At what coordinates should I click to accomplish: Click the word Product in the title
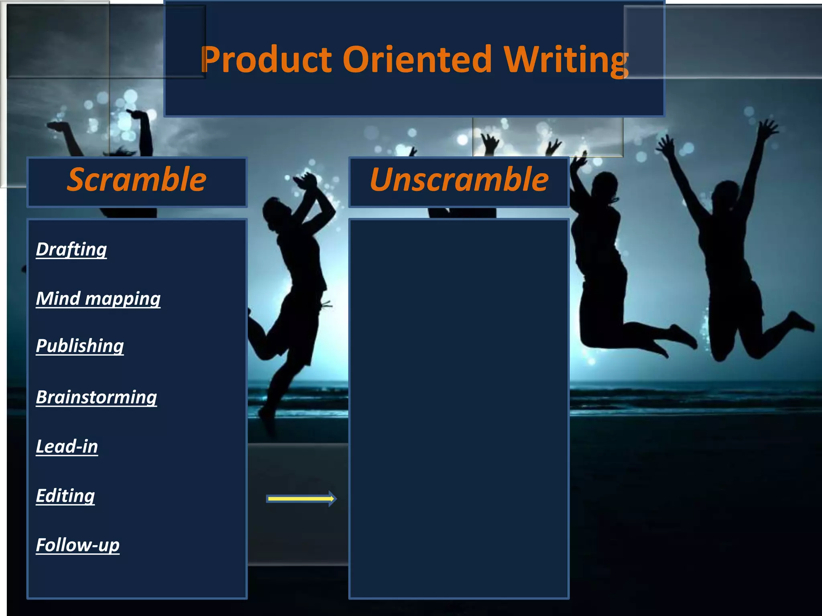click(x=266, y=60)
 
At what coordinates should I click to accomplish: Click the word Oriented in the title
click(x=417, y=60)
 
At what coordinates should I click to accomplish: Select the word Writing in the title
click(x=566, y=60)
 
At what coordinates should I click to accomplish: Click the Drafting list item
click(x=71, y=249)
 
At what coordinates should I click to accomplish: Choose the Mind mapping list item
click(x=98, y=299)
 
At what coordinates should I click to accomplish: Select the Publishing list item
click(x=80, y=346)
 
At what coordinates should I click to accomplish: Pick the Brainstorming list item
click(x=96, y=397)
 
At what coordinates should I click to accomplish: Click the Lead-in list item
click(x=67, y=446)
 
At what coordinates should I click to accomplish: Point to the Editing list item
click(x=65, y=496)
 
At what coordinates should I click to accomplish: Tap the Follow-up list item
click(x=78, y=545)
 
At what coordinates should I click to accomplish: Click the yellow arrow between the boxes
click(x=301, y=498)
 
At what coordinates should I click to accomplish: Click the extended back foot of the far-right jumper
click(x=803, y=323)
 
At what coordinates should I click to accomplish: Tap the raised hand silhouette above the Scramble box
click(x=138, y=116)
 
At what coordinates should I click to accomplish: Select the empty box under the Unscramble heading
click(x=459, y=409)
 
